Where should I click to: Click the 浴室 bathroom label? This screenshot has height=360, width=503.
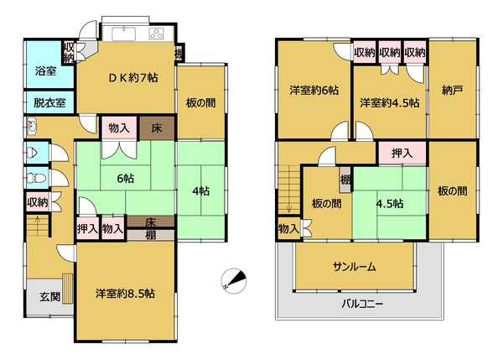pos(46,71)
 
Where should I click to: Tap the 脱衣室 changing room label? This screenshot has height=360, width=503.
pos(49,102)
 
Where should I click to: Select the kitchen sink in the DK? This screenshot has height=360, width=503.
pos(123,34)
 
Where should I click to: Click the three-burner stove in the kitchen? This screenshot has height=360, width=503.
pos(157,34)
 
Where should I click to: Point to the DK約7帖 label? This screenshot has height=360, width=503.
pos(133,78)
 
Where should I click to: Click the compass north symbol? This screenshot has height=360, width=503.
pos(234,281)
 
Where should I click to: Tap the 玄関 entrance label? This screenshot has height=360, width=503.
pos(50,296)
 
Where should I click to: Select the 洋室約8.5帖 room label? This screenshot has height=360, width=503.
pos(125,294)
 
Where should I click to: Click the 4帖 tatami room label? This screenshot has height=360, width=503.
pos(201,191)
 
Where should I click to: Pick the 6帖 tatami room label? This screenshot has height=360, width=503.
pos(126,178)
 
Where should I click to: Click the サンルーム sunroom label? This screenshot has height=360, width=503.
pos(354,267)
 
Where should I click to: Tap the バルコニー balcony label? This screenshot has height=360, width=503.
pos(362,304)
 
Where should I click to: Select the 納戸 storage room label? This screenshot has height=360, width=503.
pos(452,91)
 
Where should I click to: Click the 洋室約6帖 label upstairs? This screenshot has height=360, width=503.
pos(314,91)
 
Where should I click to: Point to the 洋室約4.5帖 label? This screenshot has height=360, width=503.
pos(390,102)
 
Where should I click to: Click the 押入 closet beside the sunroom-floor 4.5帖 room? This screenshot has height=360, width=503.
pos(402,154)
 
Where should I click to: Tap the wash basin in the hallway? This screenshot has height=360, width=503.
pos(32,126)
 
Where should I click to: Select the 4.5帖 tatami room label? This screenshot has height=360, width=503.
pos(390,204)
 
